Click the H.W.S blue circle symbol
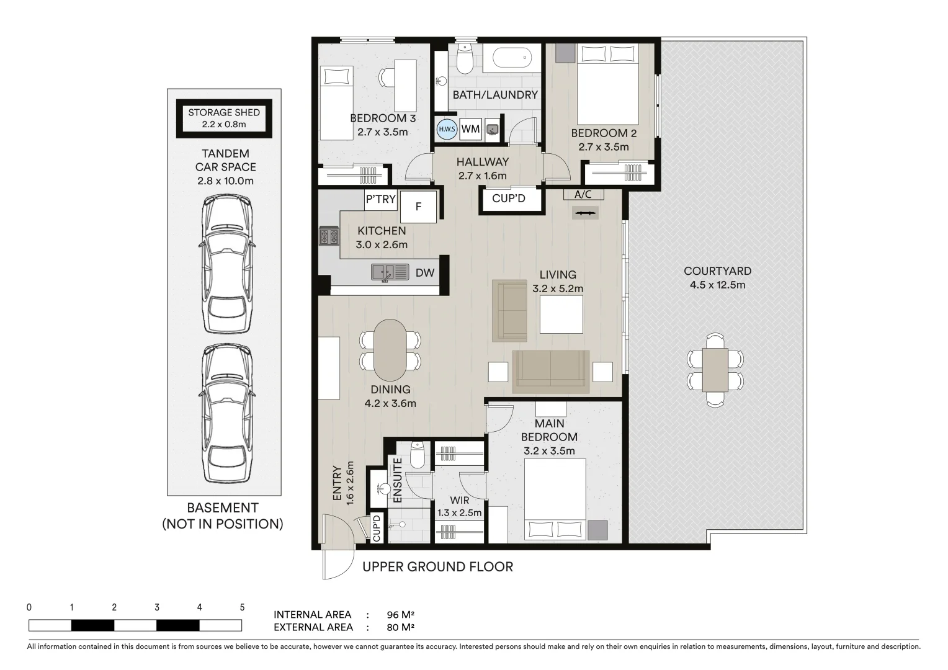(x=447, y=129)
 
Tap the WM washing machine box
(x=471, y=129)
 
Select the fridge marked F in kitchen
(x=418, y=207)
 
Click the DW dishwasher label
(x=425, y=272)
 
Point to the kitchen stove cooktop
(x=329, y=236)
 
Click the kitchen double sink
(x=390, y=272)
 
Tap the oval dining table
(x=390, y=351)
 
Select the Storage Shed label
(x=224, y=118)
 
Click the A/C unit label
(x=583, y=194)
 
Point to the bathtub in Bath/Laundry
(x=512, y=57)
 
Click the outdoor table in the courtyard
(x=715, y=370)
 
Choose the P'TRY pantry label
(x=381, y=199)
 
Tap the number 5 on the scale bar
(x=242, y=607)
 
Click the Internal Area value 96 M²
(x=400, y=615)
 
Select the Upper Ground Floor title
(x=437, y=567)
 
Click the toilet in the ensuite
(x=417, y=455)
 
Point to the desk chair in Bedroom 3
(x=386, y=78)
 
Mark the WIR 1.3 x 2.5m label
(x=459, y=507)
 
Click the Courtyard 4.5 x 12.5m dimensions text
(x=717, y=285)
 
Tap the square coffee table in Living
(x=561, y=315)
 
